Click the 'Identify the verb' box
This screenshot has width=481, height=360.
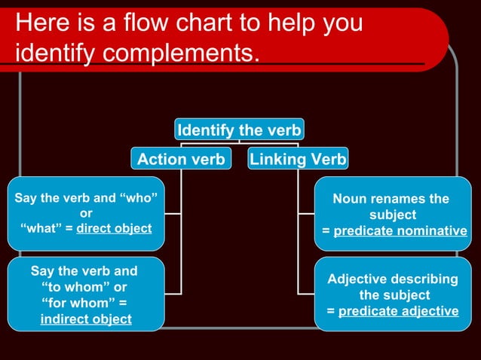(239, 130)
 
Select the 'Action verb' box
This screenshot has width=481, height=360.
(181, 159)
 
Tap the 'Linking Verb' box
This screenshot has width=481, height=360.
(298, 159)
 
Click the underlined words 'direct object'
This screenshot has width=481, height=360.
(114, 228)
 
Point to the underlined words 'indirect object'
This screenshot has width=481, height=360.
(85, 319)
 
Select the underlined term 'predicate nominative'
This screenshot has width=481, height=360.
(400, 231)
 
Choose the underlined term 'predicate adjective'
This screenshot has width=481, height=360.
(398, 311)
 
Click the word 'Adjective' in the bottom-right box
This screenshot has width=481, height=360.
(358, 279)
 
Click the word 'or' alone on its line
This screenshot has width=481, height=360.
(86, 213)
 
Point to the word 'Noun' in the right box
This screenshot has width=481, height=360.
(351, 199)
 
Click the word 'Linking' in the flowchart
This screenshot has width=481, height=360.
(275, 159)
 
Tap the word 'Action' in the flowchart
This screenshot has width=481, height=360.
(161, 159)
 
